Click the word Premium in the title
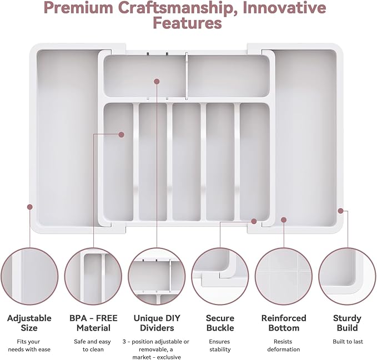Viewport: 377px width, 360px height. tap(78, 8)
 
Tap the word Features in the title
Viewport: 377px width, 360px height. tap(187, 23)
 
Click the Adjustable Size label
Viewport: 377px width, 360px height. tap(29, 323)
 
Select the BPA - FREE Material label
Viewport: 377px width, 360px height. tap(93, 323)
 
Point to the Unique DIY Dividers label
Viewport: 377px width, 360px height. tap(157, 323)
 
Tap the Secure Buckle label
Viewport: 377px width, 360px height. tap(220, 323)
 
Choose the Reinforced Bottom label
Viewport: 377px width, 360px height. tap(284, 323)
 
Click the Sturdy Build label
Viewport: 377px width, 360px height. tap(347, 323)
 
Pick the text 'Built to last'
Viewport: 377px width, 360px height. tap(348, 342)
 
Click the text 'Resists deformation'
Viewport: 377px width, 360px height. tap(284, 346)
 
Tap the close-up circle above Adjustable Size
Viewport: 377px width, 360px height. tap(29, 276)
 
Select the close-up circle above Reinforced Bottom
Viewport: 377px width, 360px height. tap(284, 276)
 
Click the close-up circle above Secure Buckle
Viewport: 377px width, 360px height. tap(220, 276)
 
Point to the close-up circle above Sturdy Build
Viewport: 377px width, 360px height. tap(348, 276)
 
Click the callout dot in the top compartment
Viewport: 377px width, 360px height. tap(157, 82)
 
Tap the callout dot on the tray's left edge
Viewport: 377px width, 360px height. tap(30, 207)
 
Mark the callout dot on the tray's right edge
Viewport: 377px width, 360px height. tap(340, 211)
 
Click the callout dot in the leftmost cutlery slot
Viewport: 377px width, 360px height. tap(122, 134)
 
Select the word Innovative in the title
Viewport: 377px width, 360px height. tap(284, 8)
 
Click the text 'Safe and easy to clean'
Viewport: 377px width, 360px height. tap(93, 346)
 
